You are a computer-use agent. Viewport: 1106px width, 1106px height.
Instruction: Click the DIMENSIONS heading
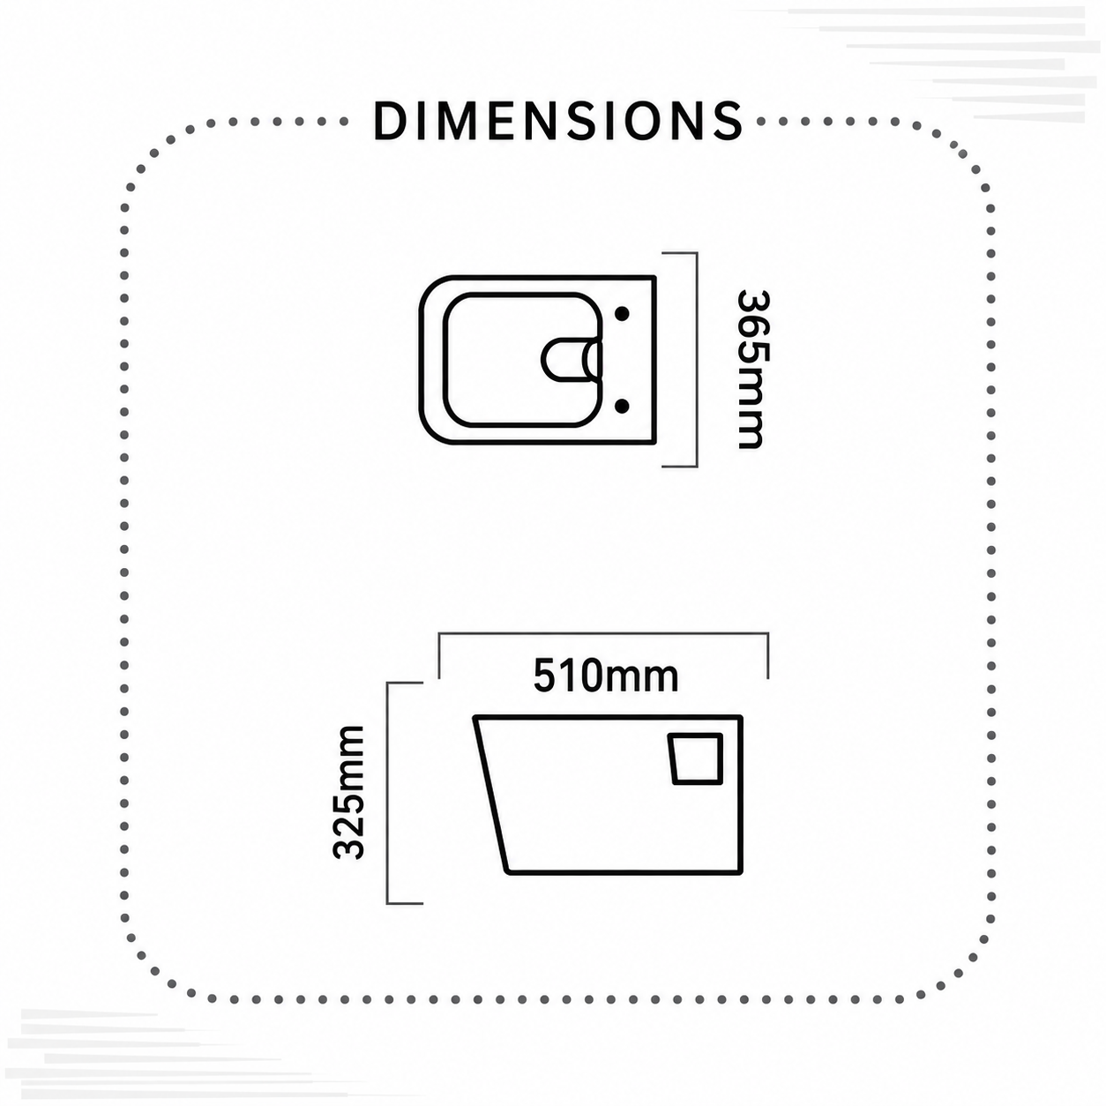point(558,121)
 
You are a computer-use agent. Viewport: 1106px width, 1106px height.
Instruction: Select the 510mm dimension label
point(606,676)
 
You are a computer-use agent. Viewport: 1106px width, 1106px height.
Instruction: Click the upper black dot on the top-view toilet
point(623,313)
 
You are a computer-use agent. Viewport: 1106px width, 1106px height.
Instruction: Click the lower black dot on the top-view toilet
point(623,407)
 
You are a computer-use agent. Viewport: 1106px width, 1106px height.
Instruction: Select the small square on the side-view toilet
point(696,759)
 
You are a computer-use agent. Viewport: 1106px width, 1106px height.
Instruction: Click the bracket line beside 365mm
point(696,359)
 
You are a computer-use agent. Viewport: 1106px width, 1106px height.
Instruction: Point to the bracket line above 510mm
point(603,633)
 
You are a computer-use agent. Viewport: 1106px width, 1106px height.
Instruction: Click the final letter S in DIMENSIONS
point(728,122)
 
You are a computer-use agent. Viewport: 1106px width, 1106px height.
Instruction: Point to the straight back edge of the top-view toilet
point(654,361)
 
